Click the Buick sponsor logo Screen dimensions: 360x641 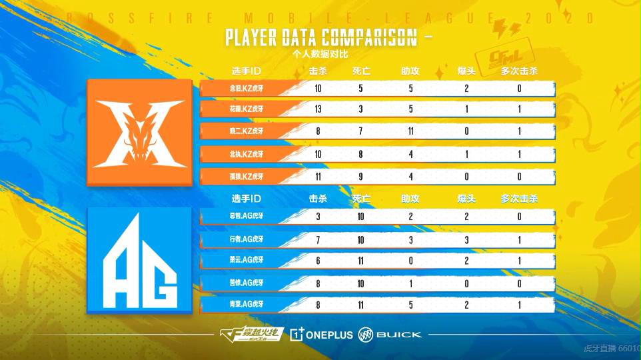point(390,334)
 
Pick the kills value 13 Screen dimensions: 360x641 point(319,109)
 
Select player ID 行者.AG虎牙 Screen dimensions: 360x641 point(243,239)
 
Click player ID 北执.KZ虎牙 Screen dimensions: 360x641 point(243,153)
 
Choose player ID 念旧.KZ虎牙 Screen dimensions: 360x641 point(243,87)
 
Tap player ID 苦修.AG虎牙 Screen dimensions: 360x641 point(243,283)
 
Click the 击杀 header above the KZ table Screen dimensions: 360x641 point(319,70)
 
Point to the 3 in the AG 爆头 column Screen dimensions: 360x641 point(466,239)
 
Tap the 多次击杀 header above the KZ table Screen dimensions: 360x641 point(519,70)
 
